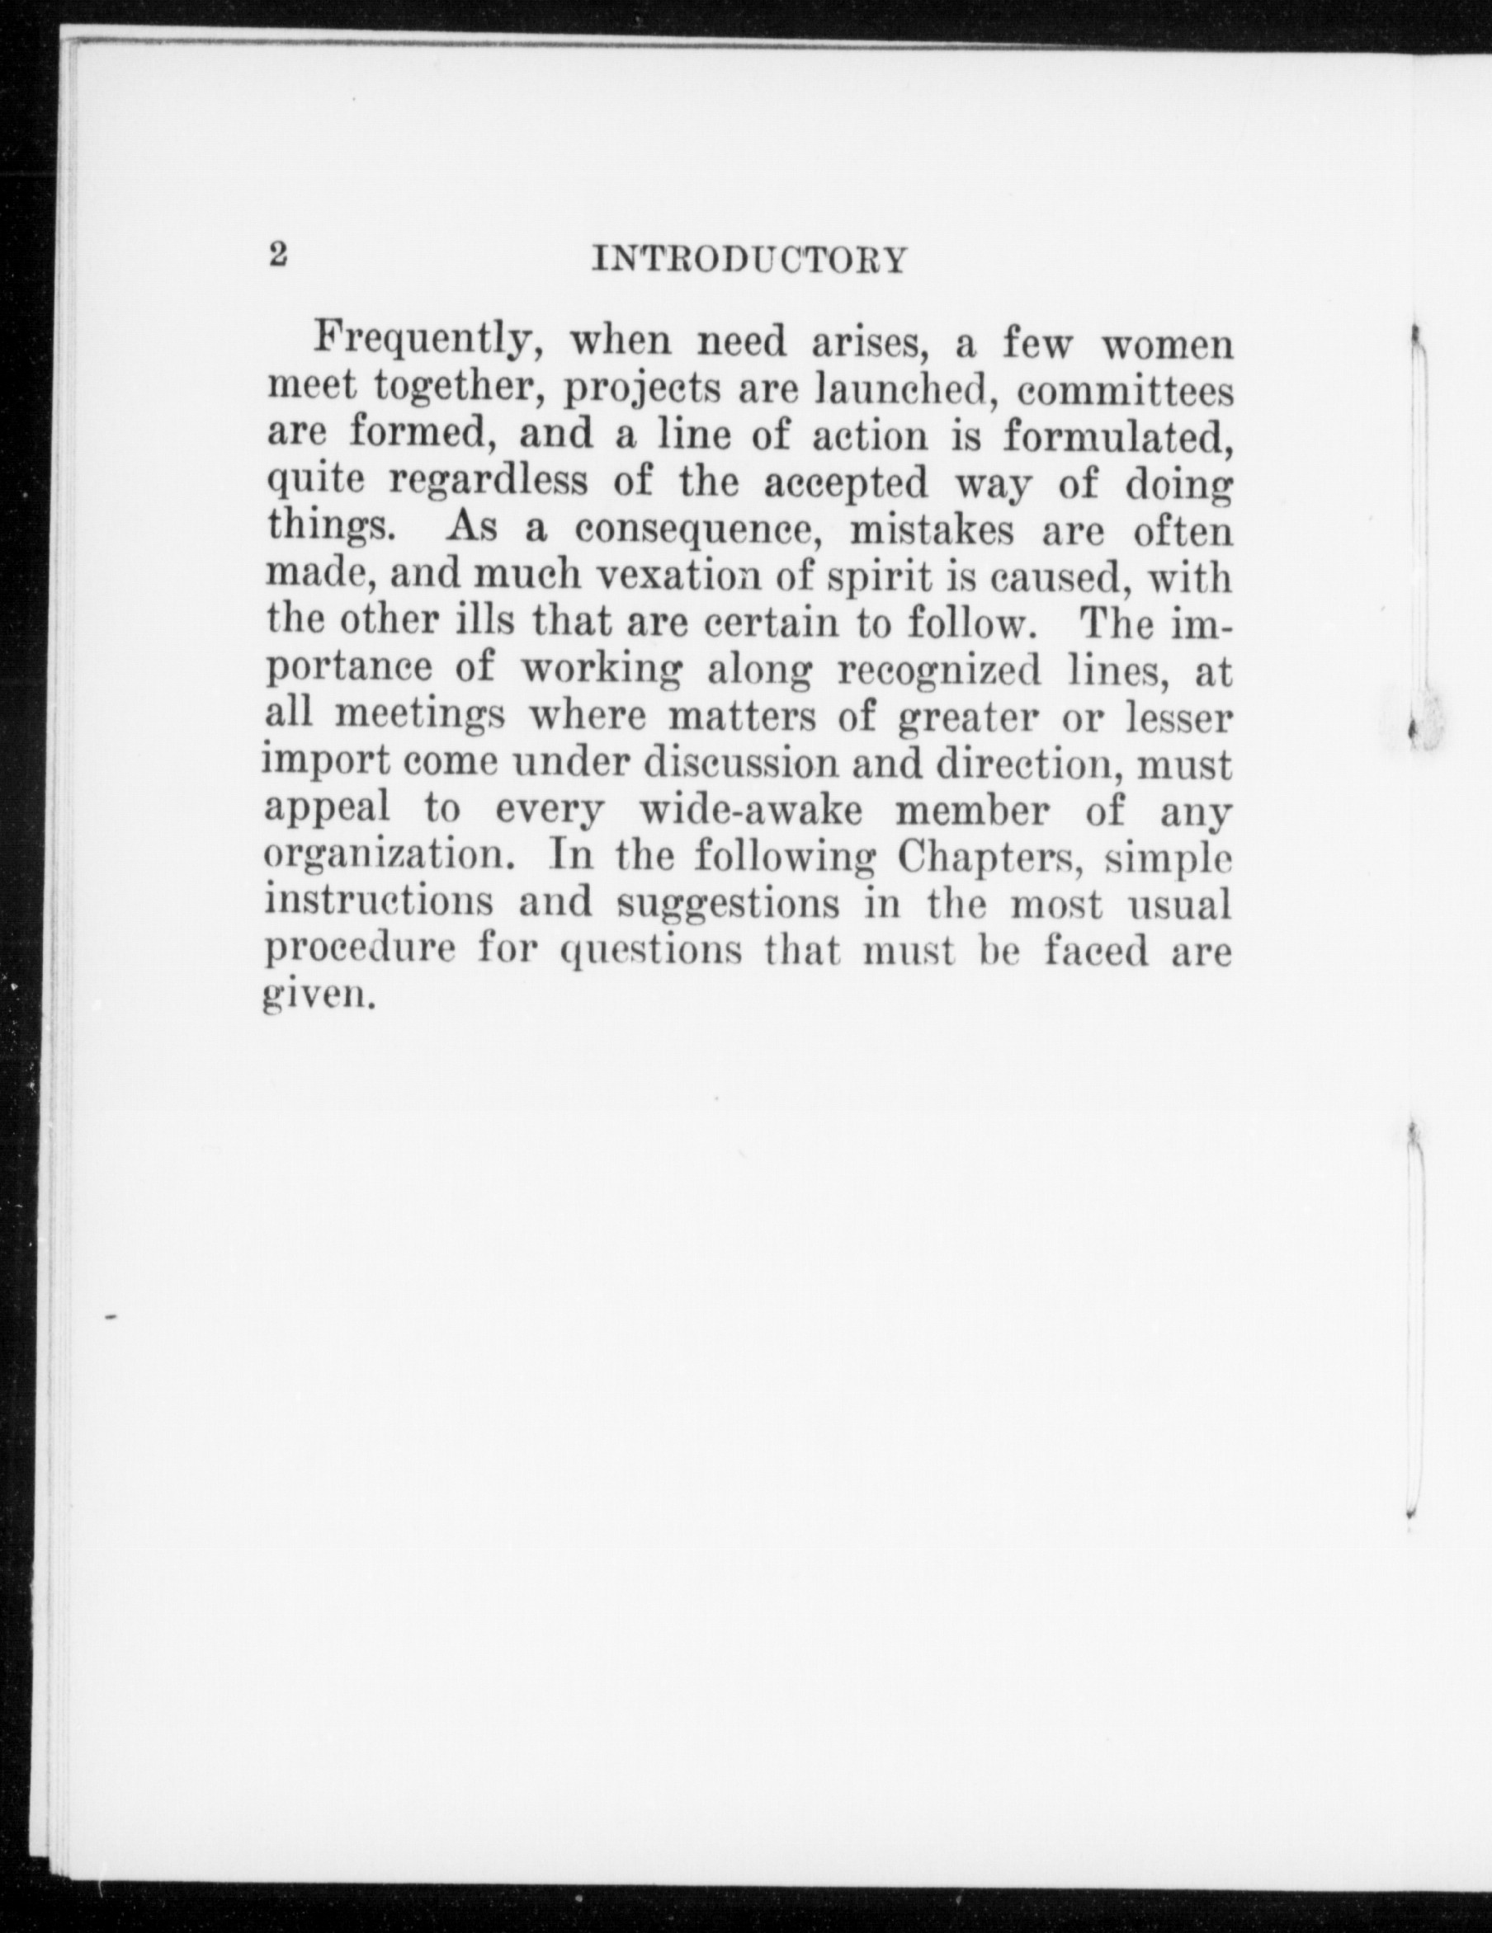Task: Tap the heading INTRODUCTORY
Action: point(749,261)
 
